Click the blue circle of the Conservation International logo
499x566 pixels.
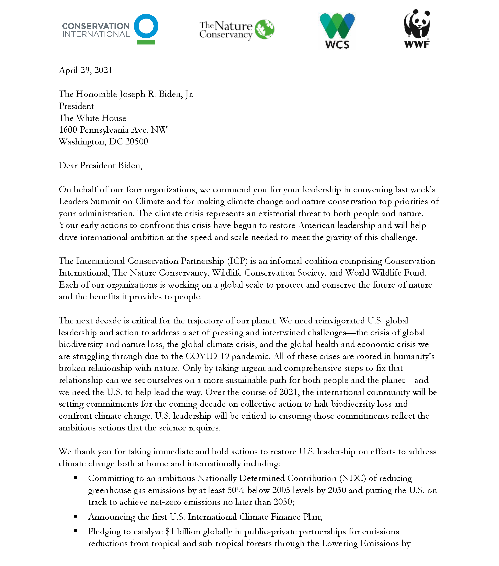point(146,26)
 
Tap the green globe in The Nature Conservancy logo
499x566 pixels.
point(265,29)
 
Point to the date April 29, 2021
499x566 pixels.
point(85,70)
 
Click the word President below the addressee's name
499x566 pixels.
point(76,106)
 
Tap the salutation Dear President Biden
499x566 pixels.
point(100,165)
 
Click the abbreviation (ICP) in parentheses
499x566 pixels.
point(237,261)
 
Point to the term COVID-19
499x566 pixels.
point(207,356)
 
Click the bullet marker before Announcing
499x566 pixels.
point(75,516)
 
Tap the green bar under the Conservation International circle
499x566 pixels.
point(146,42)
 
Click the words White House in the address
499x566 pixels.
point(101,118)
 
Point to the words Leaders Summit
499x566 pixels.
point(90,201)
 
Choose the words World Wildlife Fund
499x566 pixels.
point(386,273)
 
